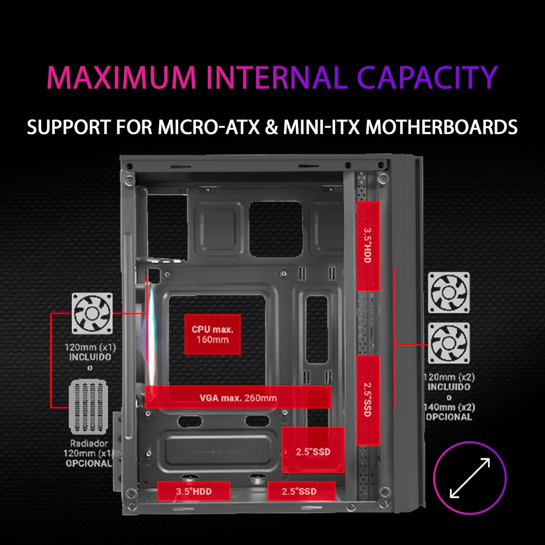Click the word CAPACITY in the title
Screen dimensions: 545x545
click(427, 77)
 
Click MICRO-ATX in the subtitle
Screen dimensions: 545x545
click(209, 127)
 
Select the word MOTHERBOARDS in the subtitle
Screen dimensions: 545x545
click(441, 127)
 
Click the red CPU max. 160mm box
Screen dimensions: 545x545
click(213, 334)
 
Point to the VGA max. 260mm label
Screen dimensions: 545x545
click(238, 397)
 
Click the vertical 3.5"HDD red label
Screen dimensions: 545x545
click(368, 246)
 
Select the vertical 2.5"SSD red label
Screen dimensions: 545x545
click(368, 400)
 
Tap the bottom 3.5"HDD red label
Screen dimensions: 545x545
click(194, 491)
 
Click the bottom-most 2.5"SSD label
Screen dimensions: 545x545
click(301, 491)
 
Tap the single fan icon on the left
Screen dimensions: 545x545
click(92, 314)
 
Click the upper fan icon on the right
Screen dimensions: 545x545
click(449, 292)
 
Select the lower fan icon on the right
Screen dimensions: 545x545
click(449, 343)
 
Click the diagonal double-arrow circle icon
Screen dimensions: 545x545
click(470, 477)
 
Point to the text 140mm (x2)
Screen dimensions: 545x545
click(450, 407)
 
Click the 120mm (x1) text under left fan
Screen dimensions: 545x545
click(90, 347)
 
